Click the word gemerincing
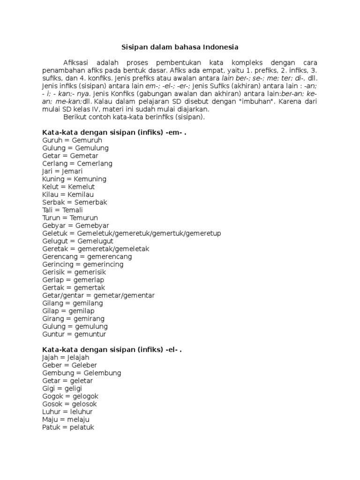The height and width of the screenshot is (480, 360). click(102, 264)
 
